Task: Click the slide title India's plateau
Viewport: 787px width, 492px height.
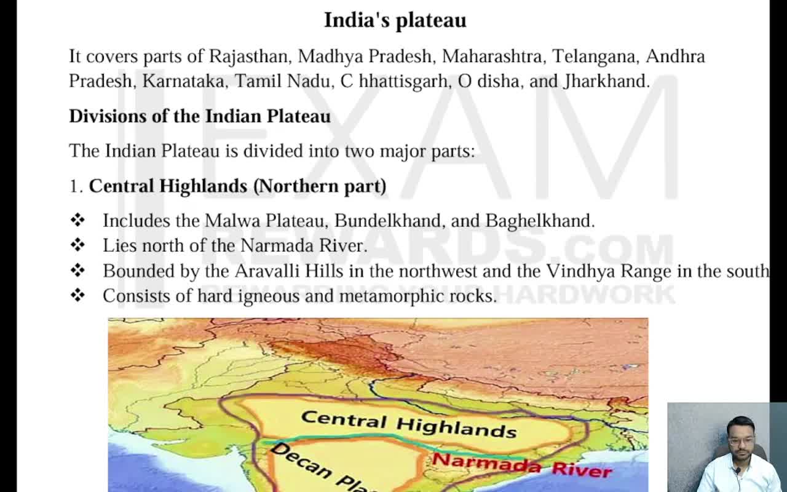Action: click(395, 20)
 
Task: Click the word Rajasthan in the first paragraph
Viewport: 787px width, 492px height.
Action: click(248, 57)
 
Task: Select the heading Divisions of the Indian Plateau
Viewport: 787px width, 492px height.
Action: click(200, 116)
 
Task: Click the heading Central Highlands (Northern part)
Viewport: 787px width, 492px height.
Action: click(237, 186)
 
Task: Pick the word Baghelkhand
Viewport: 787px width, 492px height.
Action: click(539, 221)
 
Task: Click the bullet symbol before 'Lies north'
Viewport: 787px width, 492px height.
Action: click(77, 245)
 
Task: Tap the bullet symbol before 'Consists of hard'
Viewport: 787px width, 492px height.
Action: click(77, 296)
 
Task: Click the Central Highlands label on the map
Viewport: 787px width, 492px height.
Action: click(408, 424)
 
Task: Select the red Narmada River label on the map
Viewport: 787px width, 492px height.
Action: click(521, 465)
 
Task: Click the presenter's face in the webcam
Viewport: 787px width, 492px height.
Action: click(739, 440)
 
